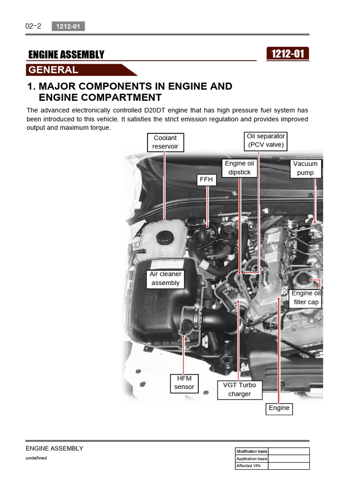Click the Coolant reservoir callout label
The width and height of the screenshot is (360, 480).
pyautogui.click(x=165, y=142)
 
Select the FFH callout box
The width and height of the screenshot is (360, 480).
pyautogui.click(x=206, y=179)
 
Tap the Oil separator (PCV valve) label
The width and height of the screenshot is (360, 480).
pyautogui.click(x=266, y=141)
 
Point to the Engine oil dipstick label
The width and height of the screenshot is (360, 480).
pyautogui.click(x=239, y=168)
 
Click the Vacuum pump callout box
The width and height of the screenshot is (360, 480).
pyautogui.click(x=305, y=168)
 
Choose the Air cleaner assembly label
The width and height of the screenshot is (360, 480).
pyautogui.click(x=165, y=278)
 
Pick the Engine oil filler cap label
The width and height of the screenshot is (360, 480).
pyautogui.click(x=306, y=298)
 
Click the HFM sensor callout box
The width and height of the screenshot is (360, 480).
pyautogui.click(x=184, y=382)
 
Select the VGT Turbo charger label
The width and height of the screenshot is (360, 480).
pyautogui.click(x=240, y=390)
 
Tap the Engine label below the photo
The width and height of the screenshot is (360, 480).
pyautogui.click(x=279, y=408)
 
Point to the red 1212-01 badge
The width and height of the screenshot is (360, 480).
pyautogui.click(x=287, y=54)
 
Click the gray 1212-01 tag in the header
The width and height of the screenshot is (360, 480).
pyautogui.click(x=68, y=27)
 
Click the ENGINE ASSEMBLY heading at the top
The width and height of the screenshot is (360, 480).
pyautogui.click(x=67, y=55)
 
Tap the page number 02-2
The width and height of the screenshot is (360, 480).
pyautogui.click(x=33, y=26)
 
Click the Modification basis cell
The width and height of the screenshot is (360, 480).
pyautogui.click(x=252, y=451)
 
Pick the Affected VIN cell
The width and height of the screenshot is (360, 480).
pyautogui.click(x=252, y=466)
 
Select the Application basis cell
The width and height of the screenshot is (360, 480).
pyautogui.click(x=252, y=459)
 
